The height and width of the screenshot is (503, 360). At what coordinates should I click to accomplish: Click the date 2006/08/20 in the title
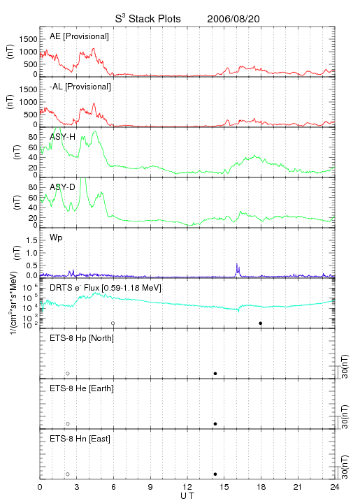pos(233,19)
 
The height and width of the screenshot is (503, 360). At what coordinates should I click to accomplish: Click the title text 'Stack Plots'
pos(154,19)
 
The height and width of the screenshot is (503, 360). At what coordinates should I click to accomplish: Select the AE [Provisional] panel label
pos(79,36)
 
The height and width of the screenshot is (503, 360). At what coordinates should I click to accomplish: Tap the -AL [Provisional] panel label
pos(80,87)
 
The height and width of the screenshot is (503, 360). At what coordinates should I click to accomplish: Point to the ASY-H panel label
pos(63,137)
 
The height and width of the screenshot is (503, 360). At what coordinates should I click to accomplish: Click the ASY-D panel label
pos(63,187)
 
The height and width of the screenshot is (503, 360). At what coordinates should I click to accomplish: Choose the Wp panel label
pos(56,238)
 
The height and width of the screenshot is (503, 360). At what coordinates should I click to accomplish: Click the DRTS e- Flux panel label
pos(106,288)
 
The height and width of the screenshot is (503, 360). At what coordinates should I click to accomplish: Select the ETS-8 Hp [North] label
pos(82,338)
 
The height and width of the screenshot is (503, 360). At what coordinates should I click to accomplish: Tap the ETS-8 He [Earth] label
pos(82,388)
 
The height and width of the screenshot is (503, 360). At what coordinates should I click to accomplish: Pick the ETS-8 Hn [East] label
pos(80,439)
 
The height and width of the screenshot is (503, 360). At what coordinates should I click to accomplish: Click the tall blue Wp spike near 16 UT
pos(237,270)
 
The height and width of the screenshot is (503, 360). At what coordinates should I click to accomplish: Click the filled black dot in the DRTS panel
pos(261,323)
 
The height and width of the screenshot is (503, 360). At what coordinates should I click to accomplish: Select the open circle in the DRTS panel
pos(113,323)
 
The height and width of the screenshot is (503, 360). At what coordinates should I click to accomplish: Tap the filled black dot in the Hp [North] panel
pos(215,373)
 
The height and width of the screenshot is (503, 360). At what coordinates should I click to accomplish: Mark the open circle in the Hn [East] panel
pos(68,474)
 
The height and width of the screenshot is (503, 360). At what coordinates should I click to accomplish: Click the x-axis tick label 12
pos(187,487)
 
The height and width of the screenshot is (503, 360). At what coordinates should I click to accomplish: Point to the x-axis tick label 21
pos(298,487)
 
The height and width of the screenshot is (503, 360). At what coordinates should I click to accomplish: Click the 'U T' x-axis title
pos(187,496)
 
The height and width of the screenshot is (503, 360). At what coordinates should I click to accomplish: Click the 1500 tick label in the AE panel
pos(28,39)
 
